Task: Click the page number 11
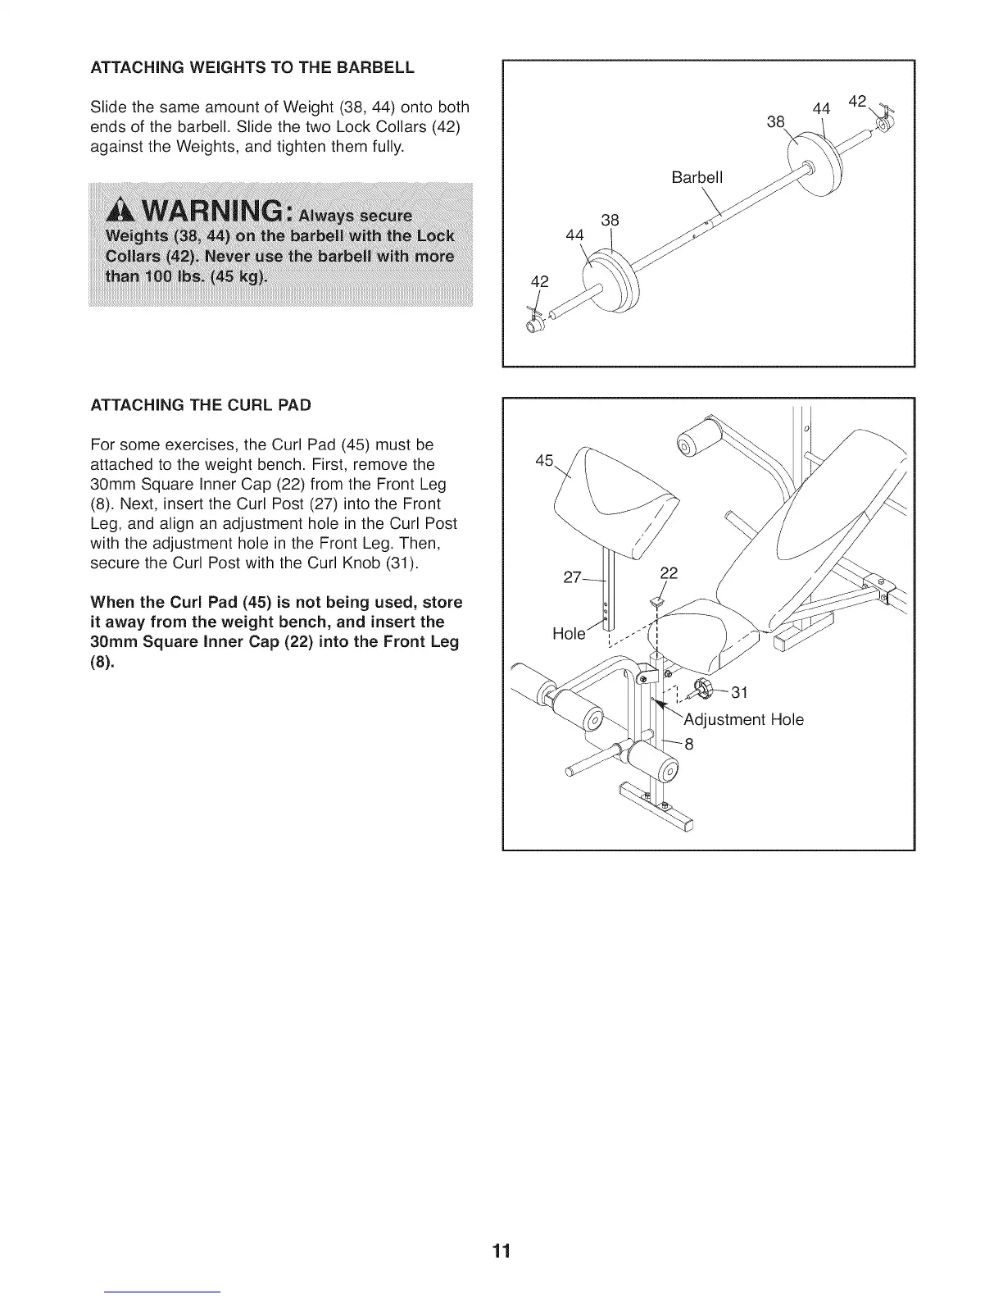click(x=501, y=1251)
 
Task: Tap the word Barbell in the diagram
click(x=697, y=178)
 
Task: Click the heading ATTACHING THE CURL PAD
click(x=201, y=405)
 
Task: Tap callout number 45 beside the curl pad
click(x=544, y=460)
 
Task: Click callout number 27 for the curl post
click(x=573, y=577)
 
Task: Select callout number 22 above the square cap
click(x=669, y=572)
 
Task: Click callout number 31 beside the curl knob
click(x=739, y=692)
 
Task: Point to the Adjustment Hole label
click(x=743, y=719)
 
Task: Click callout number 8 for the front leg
click(x=688, y=745)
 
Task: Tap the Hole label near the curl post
click(x=569, y=633)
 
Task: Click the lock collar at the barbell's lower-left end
click(x=534, y=322)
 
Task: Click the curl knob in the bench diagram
click(x=703, y=691)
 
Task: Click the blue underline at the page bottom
click(x=163, y=1292)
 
